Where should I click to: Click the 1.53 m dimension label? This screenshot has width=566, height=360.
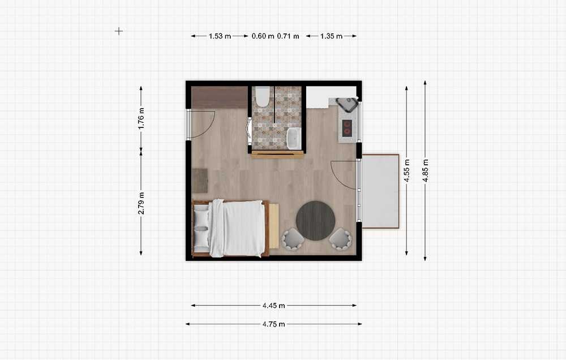220,36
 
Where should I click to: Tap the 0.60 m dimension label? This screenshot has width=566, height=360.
263,36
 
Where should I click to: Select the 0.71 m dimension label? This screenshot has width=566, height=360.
288,36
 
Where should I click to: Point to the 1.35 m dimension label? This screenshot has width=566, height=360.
331,36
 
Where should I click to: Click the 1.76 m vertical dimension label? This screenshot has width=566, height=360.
141,119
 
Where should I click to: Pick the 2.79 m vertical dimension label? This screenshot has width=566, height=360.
141,203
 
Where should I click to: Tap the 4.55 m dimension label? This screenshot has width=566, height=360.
407,170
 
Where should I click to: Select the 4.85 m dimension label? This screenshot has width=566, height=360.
426,170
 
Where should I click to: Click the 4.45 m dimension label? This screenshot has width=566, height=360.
273,306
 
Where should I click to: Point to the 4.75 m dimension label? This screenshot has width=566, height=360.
273,324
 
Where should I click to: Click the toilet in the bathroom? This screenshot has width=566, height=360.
263,96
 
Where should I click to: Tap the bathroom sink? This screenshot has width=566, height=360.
294,138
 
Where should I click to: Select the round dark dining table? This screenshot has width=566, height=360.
315,221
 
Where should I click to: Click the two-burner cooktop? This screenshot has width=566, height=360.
348,128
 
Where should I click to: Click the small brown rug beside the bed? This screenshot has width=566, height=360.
200,181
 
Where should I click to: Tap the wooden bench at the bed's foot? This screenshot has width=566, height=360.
274,226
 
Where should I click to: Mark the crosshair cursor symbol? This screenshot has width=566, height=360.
119,31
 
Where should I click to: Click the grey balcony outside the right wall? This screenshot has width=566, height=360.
380,191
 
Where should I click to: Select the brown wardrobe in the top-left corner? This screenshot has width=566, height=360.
219,97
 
